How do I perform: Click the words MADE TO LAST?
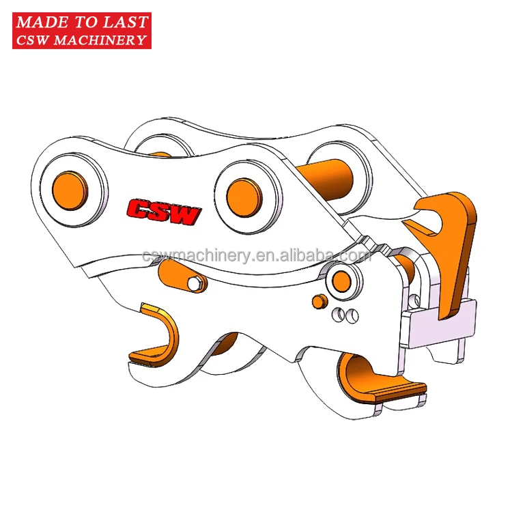[x=81, y=22]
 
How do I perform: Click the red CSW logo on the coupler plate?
[x=164, y=212]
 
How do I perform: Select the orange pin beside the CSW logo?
[x=242, y=190]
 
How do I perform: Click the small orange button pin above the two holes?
[x=317, y=300]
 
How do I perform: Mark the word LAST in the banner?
[x=125, y=22]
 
